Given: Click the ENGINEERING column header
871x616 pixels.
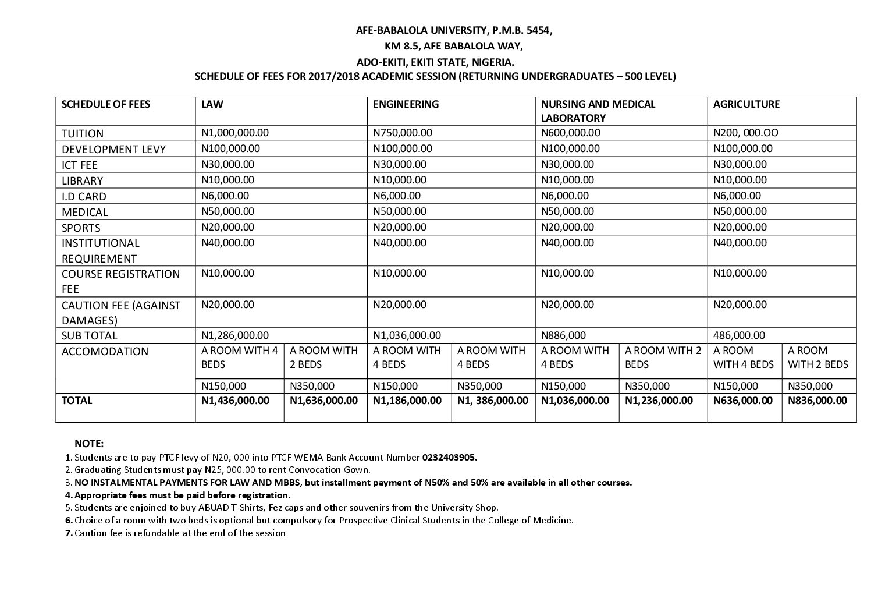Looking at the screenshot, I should (x=406, y=104).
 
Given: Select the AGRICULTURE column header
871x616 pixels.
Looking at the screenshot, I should (x=746, y=104).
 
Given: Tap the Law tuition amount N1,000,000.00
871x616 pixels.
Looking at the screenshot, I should (x=235, y=133).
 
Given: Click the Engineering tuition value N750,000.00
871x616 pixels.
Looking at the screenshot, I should (x=402, y=133).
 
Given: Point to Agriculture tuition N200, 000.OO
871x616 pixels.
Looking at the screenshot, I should (x=745, y=133).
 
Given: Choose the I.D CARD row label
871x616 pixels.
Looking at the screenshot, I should (x=84, y=196).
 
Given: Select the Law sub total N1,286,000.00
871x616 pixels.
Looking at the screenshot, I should (x=235, y=335).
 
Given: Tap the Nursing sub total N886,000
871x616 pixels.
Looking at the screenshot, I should (x=563, y=335).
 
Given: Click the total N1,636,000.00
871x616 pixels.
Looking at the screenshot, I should (x=324, y=401).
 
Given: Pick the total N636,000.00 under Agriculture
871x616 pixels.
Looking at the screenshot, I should (x=743, y=401).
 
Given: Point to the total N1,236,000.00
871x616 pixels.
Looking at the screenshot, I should (x=659, y=401).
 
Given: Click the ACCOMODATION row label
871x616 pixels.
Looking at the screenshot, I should (x=105, y=351).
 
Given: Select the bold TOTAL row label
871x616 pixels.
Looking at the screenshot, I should (x=77, y=401).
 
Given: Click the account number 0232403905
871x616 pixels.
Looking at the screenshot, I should (x=450, y=457).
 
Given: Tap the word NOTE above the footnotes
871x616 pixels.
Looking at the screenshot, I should (x=89, y=444).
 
